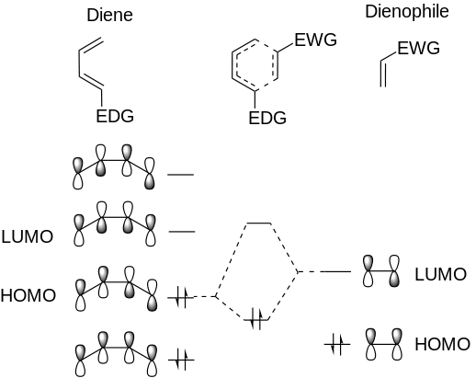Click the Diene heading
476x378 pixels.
coord(109,15)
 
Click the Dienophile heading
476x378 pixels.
coord(407,12)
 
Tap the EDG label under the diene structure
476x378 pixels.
coord(115,116)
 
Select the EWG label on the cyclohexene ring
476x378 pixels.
coord(315,40)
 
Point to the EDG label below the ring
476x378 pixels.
coord(267,118)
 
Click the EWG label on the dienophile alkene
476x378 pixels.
coord(418,48)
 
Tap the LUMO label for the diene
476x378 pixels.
coord(28,236)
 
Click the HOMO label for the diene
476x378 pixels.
coord(28,295)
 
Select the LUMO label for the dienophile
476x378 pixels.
coord(440,274)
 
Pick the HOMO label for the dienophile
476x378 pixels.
coord(442,344)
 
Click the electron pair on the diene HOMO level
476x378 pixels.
coord(181,297)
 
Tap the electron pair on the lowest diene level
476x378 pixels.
coord(181,360)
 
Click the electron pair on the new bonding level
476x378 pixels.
coord(256,319)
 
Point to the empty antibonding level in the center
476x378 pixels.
coord(259,223)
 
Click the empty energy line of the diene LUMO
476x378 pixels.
coord(182,231)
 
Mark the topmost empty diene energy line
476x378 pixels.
coord(181,175)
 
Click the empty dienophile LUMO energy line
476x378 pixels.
coord(337,271)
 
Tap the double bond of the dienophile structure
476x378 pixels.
coord(383,74)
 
